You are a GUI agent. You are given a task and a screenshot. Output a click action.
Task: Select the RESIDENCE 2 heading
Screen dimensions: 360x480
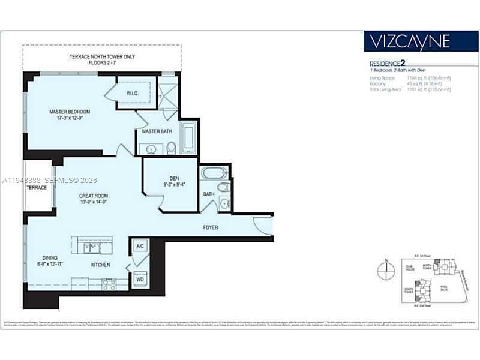390,63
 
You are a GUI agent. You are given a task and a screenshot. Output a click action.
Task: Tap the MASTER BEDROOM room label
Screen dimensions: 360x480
70,112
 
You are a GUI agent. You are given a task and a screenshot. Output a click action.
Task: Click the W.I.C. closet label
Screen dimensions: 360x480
133,93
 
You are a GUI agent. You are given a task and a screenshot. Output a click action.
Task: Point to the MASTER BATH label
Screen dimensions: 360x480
157,131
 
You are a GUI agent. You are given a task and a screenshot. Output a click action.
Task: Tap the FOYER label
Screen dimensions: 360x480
210,227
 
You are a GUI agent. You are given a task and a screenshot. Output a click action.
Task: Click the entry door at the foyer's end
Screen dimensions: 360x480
263,227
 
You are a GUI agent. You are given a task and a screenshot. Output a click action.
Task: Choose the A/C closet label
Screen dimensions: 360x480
139,247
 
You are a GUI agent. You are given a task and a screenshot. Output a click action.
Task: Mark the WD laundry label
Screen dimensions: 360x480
139,279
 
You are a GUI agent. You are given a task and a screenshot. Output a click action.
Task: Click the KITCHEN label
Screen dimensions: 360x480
101,264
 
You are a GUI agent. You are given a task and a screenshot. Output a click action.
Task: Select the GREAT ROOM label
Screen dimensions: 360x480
93,196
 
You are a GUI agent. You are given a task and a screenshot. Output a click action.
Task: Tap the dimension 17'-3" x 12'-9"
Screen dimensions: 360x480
70,119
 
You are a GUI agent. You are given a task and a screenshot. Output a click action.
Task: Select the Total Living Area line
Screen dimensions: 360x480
410,89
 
